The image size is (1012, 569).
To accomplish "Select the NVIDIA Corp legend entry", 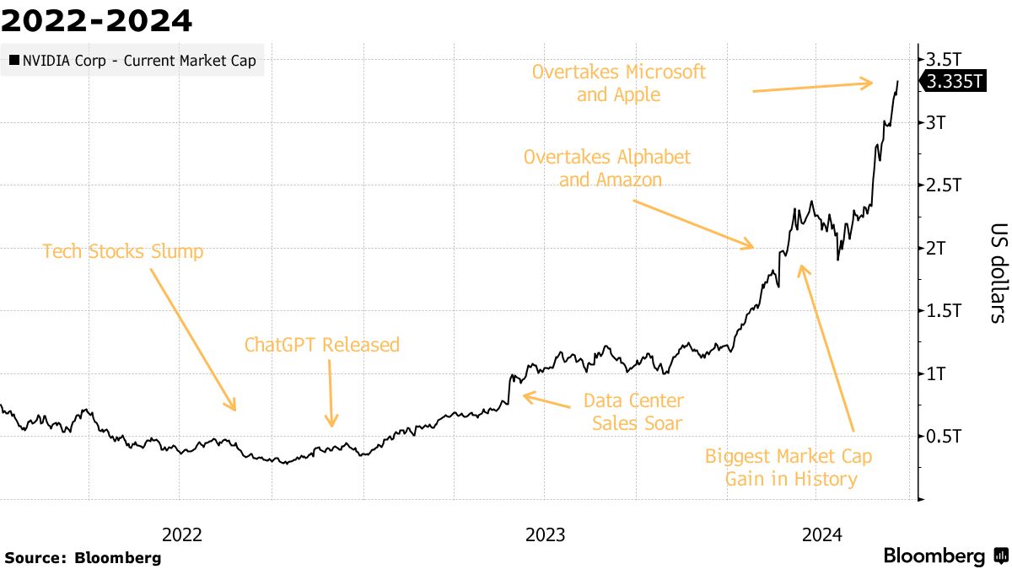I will pos(132,61).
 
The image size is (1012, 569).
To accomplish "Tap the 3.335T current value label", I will pos(954,82).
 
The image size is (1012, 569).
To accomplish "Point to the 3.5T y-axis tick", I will pos(945,60).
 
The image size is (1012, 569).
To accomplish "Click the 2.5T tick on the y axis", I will pos(945,185).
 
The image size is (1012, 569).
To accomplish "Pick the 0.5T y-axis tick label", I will pos(945,437).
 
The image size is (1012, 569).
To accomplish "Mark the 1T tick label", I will pos(938,373).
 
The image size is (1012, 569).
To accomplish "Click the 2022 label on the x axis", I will pos(181,534).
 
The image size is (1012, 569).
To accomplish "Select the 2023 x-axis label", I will pos(546,534).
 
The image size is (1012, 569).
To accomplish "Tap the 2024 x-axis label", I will pos(821,534).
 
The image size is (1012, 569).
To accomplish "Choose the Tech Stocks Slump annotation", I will pos(123,251).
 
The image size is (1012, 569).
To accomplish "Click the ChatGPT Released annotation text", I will pos(321,345).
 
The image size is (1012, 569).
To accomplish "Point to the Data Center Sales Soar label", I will pos(633,411).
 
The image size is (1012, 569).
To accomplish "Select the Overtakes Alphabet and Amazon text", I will pos(606,168).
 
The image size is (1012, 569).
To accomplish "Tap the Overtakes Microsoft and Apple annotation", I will pos(618,83).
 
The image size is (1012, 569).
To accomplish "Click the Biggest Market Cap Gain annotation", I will pos(789,468).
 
